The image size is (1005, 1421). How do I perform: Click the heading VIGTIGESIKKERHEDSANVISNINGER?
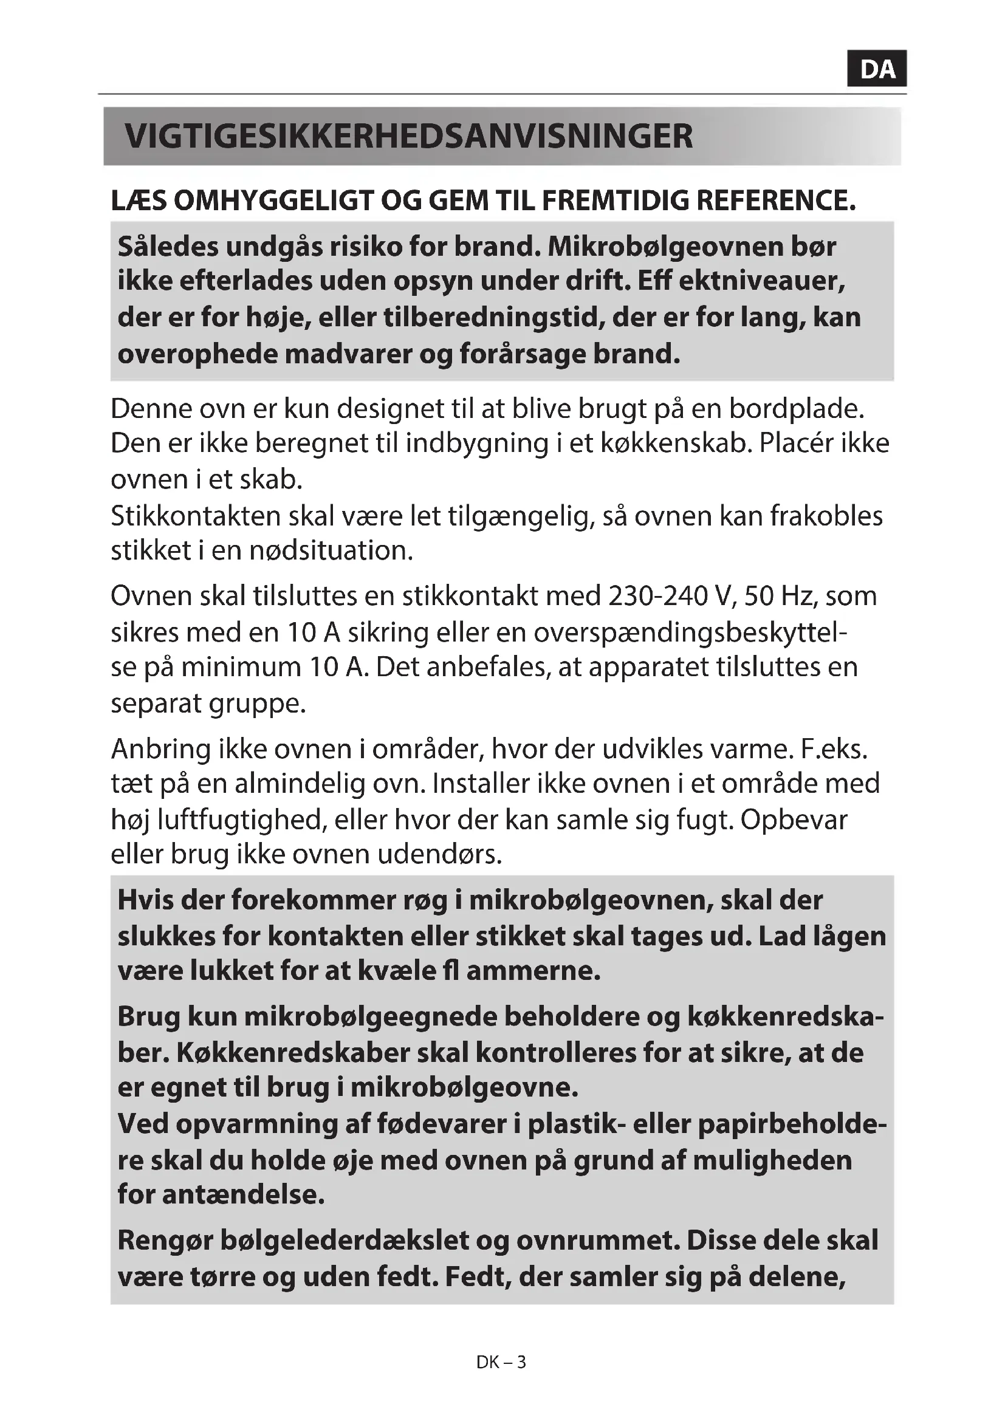408,137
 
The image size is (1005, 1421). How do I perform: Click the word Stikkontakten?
196,516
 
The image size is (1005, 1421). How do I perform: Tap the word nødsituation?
331,551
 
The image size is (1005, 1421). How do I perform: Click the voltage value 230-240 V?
672,597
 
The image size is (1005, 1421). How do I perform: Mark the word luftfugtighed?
241,820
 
